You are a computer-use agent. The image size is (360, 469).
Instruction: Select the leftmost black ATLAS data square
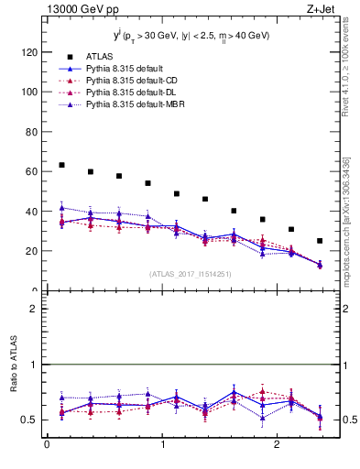point(61,165)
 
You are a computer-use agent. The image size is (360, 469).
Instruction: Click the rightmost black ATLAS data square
point(320,241)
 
